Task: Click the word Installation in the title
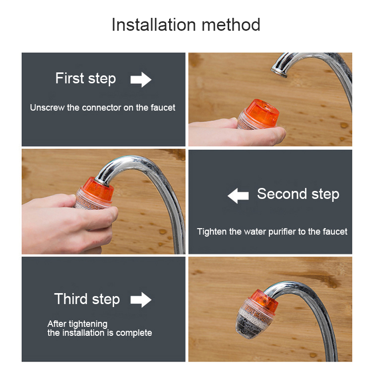(x=154, y=25)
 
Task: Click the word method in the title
(x=231, y=25)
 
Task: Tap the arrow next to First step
(x=141, y=79)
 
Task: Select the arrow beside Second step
(x=238, y=196)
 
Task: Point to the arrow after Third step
(x=141, y=300)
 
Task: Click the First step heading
(x=86, y=78)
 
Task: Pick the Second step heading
(x=298, y=194)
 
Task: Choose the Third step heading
(x=87, y=299)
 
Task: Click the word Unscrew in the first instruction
(x=47, y=108)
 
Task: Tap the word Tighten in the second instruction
(x=212, y=232)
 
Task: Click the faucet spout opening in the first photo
(x=279, y=72)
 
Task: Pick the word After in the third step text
(x=55, y=324)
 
